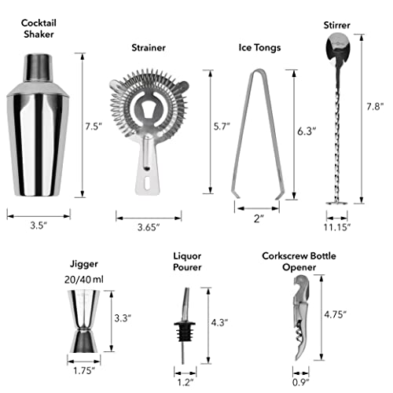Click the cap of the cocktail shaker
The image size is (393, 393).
(x=39, y=68)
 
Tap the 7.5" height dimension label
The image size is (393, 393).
(x=94, y=127)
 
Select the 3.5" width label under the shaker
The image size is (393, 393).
(x=39, y=226)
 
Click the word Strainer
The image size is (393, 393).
(x=149, y=48)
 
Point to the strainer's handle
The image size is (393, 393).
(x=148, y=167)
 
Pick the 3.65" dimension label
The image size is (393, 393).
(x=149, y=227)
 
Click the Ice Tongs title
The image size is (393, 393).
(x=259, y=48)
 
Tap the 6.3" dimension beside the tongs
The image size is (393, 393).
(x=307, y=131)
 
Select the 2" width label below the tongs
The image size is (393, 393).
(x=259, y=219)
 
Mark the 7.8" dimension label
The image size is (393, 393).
(x=375, y=107)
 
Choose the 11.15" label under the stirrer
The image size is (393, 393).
(x=337, y=227)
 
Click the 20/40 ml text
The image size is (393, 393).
(x=84, y=280)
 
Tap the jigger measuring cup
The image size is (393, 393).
(x=83, y=321)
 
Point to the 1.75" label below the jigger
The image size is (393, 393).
(x=84, y=371)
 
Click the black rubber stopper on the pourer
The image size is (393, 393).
(x=185, y=332)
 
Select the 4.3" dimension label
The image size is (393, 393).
(x=219, y=322)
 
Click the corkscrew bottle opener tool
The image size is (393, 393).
(x=301, y=318)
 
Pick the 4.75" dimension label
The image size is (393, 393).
(x=336, y=314)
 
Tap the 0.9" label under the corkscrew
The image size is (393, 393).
(x=301, y=383)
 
